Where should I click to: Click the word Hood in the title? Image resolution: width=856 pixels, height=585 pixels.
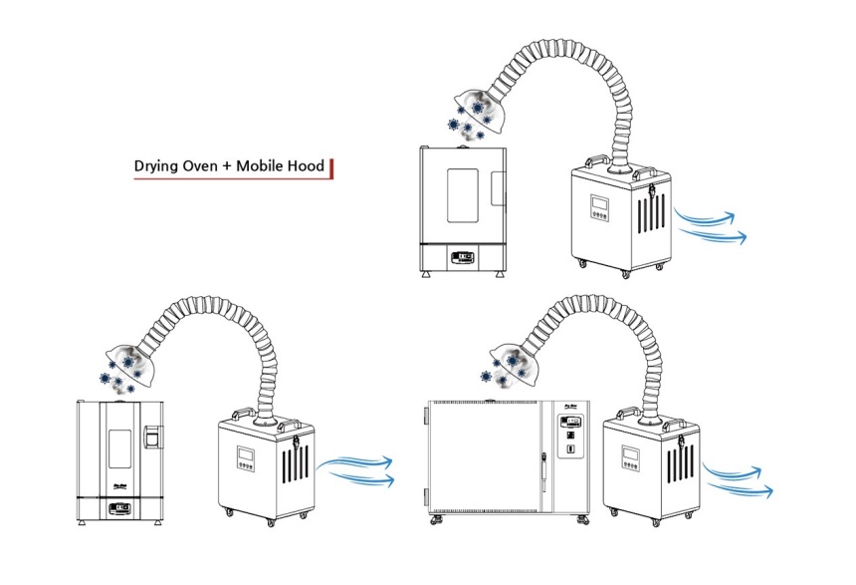click(311, 165)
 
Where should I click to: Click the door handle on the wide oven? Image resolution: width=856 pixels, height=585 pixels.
click(545, 463)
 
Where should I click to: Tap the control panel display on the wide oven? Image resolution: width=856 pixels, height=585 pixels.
click(570, 423)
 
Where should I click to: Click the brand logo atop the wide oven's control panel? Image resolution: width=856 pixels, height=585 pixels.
click(570, 405)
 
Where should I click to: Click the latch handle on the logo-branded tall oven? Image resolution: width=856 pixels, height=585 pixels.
click(151, 437)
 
